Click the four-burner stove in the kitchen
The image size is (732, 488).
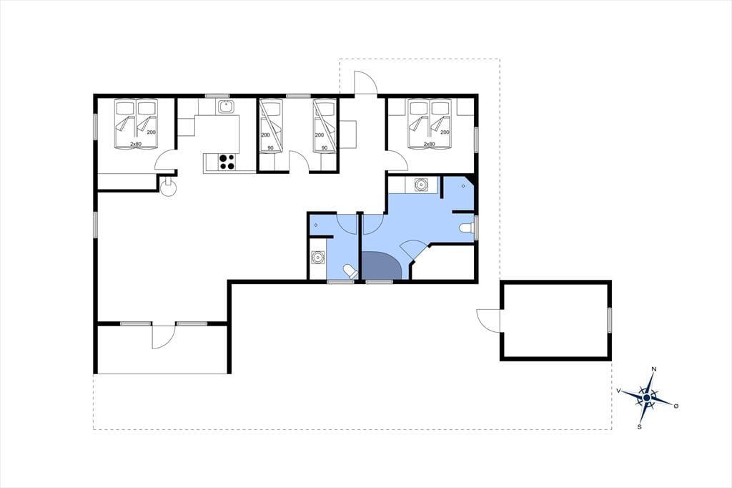pos(227,162)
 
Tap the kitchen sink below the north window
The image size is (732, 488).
pos(227,106)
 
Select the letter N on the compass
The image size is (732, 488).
pos(654,369)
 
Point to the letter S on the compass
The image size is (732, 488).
pos(640,426)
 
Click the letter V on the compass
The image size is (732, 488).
pos(618,390)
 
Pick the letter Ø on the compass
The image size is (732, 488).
pos(676,406)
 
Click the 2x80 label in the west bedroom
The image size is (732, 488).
pos(135,145)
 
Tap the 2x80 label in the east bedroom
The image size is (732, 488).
pos(429,145)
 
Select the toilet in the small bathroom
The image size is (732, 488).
pos(349,271)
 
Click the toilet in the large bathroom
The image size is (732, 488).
pos(466,228)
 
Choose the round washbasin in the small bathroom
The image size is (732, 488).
pos(318,257)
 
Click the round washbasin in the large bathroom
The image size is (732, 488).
pos(422,184)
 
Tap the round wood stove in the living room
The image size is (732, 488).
pos(167,187)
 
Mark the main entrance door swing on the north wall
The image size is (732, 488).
pos(365,83)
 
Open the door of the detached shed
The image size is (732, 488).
pos(488,321)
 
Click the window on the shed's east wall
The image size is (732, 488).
pos(609,320)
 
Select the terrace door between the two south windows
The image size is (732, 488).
pos(164,336)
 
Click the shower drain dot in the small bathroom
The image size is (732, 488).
pos(316,225)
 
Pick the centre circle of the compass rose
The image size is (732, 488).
pos(646,397)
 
